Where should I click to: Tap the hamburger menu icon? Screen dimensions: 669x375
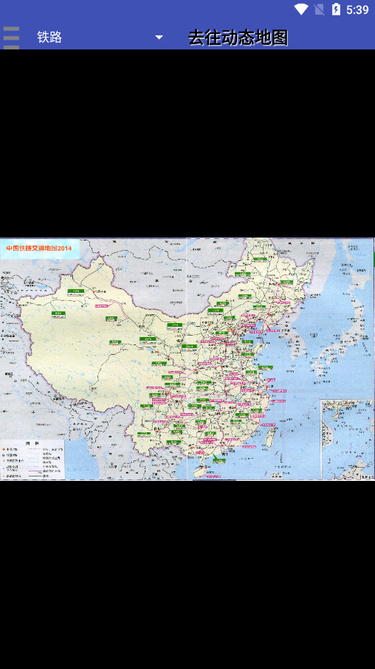click(11, 37)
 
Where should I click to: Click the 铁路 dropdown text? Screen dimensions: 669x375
click(49, 37)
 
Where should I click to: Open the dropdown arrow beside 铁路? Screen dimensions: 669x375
click(159, 37)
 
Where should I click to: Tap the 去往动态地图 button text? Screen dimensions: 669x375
click(238, 37)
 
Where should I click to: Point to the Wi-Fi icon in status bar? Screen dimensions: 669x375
click(300, 10)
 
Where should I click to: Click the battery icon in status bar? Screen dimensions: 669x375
click(336, 10)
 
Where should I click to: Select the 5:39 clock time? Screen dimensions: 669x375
click(357, 10)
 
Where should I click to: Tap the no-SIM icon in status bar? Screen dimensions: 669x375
click(319, 10)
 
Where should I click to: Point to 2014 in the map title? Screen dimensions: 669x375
click(65, 249)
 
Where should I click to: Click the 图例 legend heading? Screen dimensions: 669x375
click(32, 443)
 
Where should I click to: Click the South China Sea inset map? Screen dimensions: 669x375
click(346, 440)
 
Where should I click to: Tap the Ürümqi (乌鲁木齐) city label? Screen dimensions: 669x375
click(75, 293)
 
